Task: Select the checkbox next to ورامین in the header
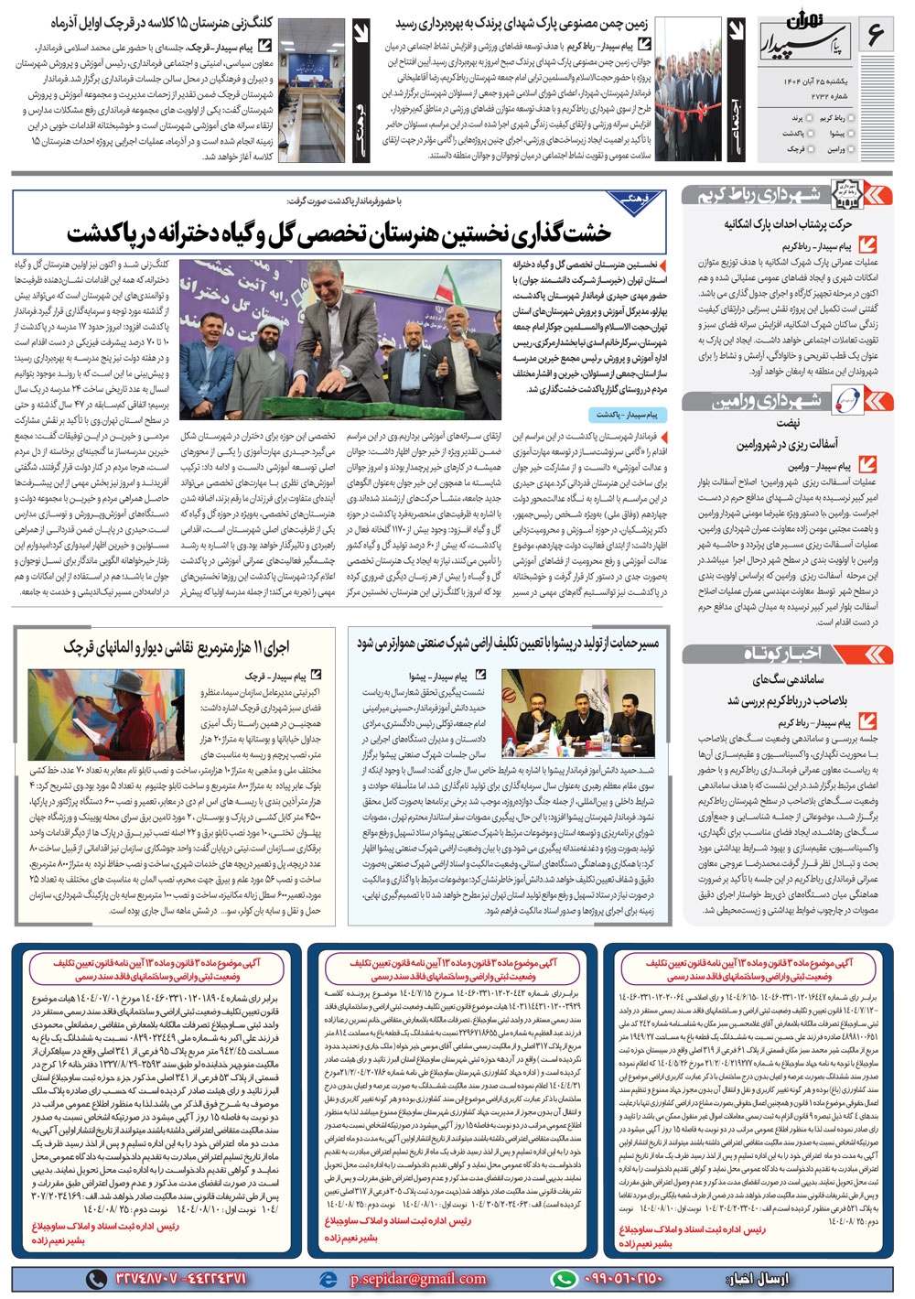(854, 148)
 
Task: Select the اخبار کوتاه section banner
(787, 655)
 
